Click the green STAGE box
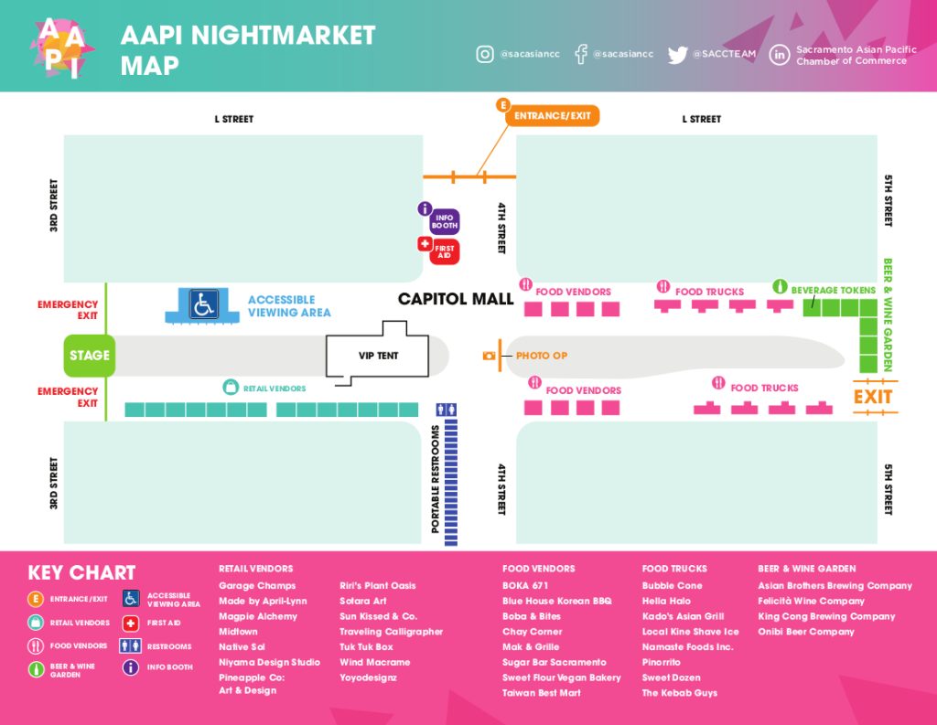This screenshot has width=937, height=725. [x=90, y=356]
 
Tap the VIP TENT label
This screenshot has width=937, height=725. [x=378, y=356]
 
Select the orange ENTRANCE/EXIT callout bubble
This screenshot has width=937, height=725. [x=552, y=116]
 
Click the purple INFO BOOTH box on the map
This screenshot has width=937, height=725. [x=445, y=221]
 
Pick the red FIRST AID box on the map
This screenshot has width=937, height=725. [x=445, y=251]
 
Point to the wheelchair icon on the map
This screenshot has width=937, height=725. [x=203, y=304]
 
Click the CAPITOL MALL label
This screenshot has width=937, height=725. [x=456, y=299]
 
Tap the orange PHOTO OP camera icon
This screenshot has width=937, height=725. [x=489, y=356]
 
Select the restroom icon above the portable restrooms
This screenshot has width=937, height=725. [x=447, y=410]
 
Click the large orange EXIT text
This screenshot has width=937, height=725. [x=872, y=397]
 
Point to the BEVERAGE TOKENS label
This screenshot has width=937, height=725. [x=833, y=290]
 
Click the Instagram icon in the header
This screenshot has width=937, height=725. [x=485, y=54]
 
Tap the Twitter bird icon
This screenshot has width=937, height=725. [x=678, y=55]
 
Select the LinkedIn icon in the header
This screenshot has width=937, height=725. [x=780, y=55]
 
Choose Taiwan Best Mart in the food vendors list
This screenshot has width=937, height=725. [x=542, y=693]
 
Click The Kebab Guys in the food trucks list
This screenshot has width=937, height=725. [x=680, y=693]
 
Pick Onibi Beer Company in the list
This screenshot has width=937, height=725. [x=806, y=631]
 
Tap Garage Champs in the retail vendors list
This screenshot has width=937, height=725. [x=257, y=586]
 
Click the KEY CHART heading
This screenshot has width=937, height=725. [x=81, y=572]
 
